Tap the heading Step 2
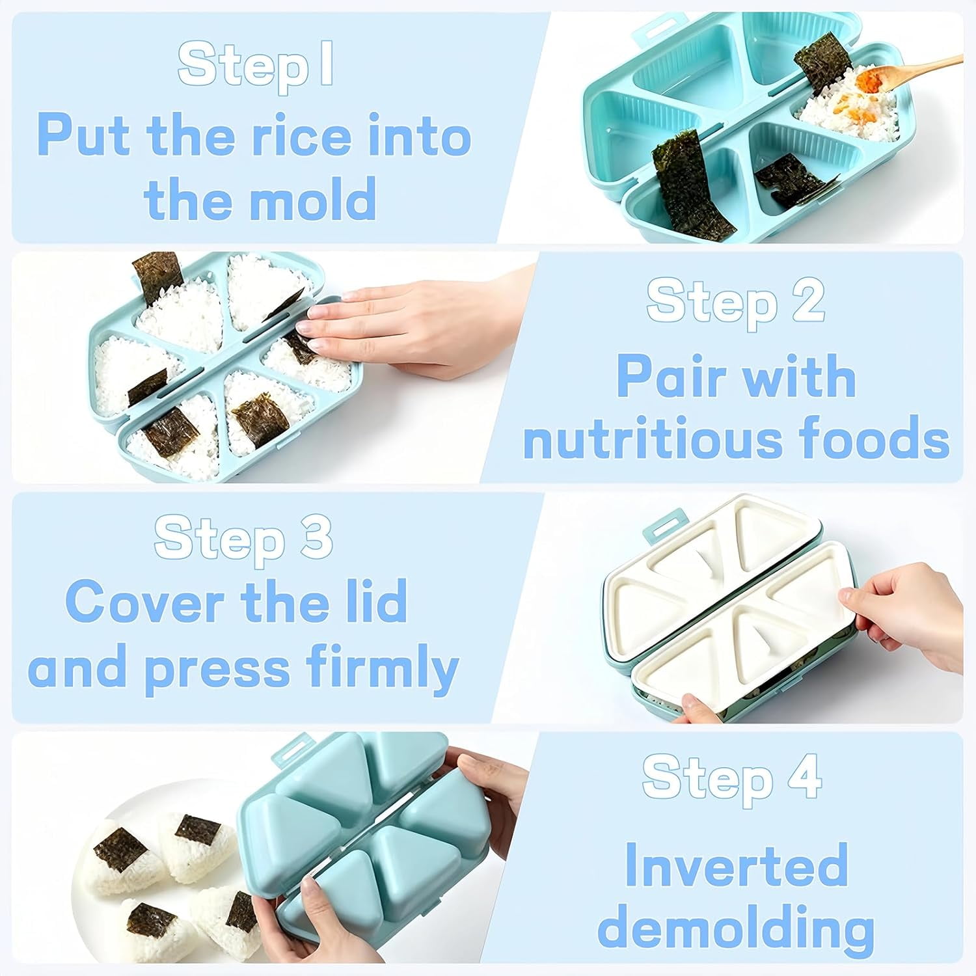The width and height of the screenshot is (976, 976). pyautogui.click(x=735, y=300)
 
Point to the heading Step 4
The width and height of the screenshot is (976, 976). pyautogui.click(x=732, y=777)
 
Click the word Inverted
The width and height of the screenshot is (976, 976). pyautogui.click(x=737, y=865)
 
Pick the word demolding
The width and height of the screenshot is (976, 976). pyautogui.click(x=736, y=929)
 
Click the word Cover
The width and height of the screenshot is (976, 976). pyautogui.click(x=148, y=602)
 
